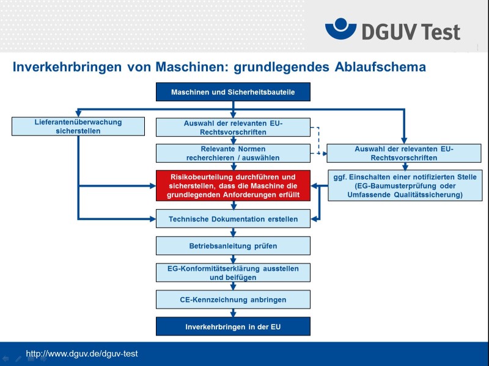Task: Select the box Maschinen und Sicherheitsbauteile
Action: (233, 92)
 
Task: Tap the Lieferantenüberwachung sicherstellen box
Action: (78, 126)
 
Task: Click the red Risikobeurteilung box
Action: (233, 185)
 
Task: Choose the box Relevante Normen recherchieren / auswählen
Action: (233, 153)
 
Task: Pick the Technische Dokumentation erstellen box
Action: (233, 218)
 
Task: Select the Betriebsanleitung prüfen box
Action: (233, 246)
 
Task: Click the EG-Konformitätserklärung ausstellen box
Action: (233, 273)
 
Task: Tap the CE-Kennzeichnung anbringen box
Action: (233, 300)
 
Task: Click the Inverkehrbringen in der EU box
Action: (233, 326)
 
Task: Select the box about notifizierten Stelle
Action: (405, 185)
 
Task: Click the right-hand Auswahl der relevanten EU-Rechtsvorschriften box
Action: (405, 153)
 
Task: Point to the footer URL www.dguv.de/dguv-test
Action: (82, 354)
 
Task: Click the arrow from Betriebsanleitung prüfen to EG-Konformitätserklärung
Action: (233, 259)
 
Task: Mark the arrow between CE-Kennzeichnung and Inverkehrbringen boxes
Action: (233, 313)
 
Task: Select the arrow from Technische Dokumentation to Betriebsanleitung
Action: (233, 232)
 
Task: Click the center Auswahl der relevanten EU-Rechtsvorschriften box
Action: (233, 127)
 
